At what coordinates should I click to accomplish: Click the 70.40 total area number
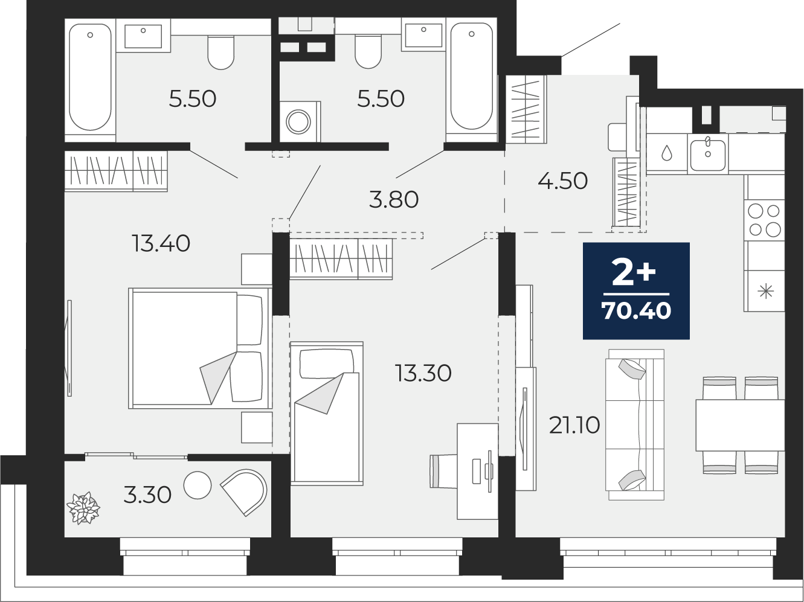pyautogui.click(x=636, y=311)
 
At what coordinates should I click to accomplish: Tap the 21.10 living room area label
pyautogui.click(x=574, y=425)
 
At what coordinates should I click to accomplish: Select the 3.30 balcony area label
pyautogui.click(x=147, y=495)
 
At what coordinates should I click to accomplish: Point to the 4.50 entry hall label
pyautogui.click(x=562, y=181)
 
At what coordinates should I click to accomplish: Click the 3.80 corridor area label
pyautogui.click(x=393, y=200)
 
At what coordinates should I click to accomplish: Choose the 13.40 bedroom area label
pyautogui.click(x=161, y=244)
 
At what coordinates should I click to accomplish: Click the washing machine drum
pyautogui.click(x=298, y=121)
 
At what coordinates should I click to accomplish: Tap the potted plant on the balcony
pyautogui.click(x=83, y=508)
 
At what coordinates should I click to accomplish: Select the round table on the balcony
pyautogui.click(x=198, y=485)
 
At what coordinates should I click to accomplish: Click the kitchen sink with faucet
pyautogui.click(x=708, y=155)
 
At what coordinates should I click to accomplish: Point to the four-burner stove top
pyautogui.click(x=765, y=220)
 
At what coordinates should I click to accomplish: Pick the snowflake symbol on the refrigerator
pyautogui.click(x=765, y=292)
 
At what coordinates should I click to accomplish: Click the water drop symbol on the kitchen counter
pyautogui.click(x=666, y=153)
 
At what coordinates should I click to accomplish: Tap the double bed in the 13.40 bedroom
pyautogui.click(x=200, y=348)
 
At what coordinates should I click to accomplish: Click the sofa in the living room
pyautogui.click(x=636, y=424)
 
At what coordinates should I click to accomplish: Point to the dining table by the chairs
pyautogui.click(x=740, y=425)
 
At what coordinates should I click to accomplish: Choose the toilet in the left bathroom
pyautogui.click(x=221, y=53)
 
